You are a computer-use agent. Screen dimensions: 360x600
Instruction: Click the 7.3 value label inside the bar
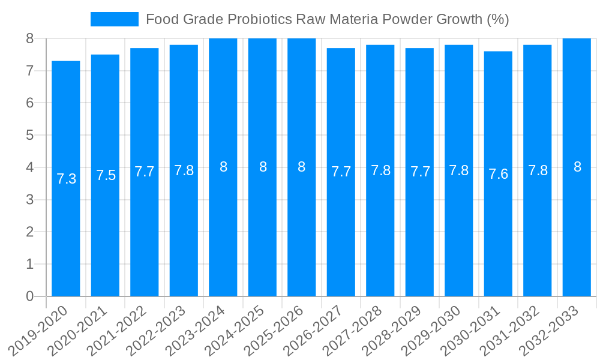[x=66, y=179]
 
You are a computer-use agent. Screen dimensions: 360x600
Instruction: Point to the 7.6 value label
[x=498, y=174]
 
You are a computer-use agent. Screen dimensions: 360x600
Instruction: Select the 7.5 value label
[x=106, y=175]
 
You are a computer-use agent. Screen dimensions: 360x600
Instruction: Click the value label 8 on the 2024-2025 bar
[x=263, y=167]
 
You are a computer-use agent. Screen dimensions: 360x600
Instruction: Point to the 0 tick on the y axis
[x=30, y=296]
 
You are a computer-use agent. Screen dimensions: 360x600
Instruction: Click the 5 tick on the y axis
[x=30, y=135]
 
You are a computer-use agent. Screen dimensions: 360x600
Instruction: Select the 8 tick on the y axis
[x=30, y=38]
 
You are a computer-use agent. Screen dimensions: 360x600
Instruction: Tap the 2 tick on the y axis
[x=30, y=232]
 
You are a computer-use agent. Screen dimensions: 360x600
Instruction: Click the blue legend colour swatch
[x=114, y=19]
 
